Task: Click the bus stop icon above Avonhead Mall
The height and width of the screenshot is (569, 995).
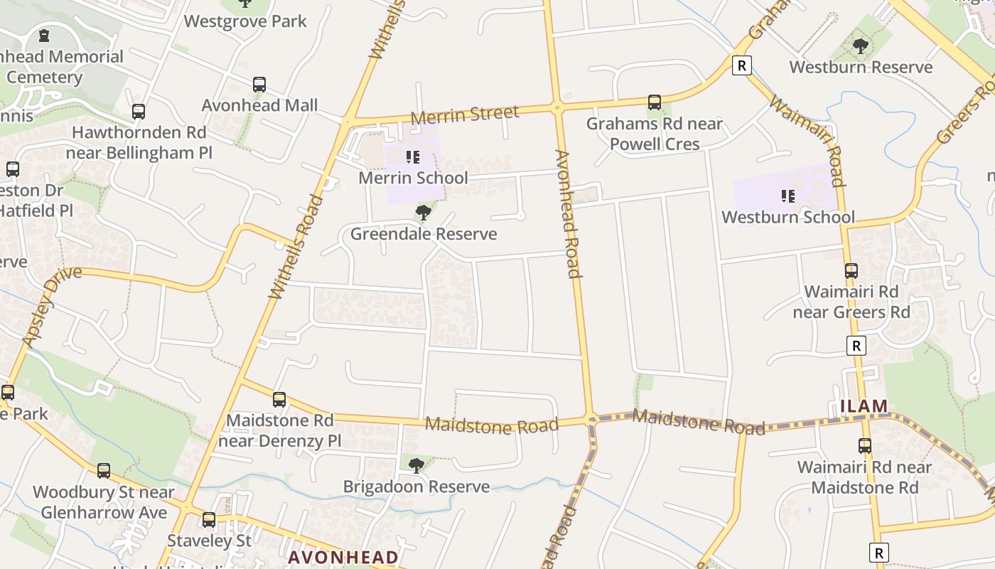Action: point(259,85)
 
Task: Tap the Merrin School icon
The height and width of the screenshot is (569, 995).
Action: point(412,157)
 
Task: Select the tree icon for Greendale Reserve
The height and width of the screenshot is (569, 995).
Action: point(424,212)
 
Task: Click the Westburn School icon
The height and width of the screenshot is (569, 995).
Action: point(787,196)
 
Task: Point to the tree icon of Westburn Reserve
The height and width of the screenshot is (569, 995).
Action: point(861,46)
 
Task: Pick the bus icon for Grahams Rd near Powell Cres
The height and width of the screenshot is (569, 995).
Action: point(654,102)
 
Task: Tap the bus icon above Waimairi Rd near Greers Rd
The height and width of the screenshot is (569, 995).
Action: point(851,271)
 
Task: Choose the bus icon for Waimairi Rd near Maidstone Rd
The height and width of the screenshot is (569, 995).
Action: point(864,446)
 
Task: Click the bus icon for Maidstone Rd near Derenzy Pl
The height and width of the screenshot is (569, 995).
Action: point(279,400)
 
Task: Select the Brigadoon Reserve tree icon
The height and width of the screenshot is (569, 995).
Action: point(416,466)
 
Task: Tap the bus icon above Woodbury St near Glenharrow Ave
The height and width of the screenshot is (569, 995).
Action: point(104,470)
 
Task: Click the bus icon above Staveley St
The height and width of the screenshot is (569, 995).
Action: point(208,520)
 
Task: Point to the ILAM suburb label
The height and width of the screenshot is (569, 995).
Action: point(864,406)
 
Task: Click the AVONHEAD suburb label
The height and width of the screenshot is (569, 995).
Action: point(343,558)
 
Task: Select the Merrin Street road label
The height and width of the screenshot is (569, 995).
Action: point(465,114)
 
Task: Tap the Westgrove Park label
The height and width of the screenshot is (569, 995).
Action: point(245,21)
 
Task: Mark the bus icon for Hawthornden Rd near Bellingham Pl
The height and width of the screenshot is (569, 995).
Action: point(139,112)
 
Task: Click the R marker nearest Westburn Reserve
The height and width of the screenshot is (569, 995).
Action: point(741,66)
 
